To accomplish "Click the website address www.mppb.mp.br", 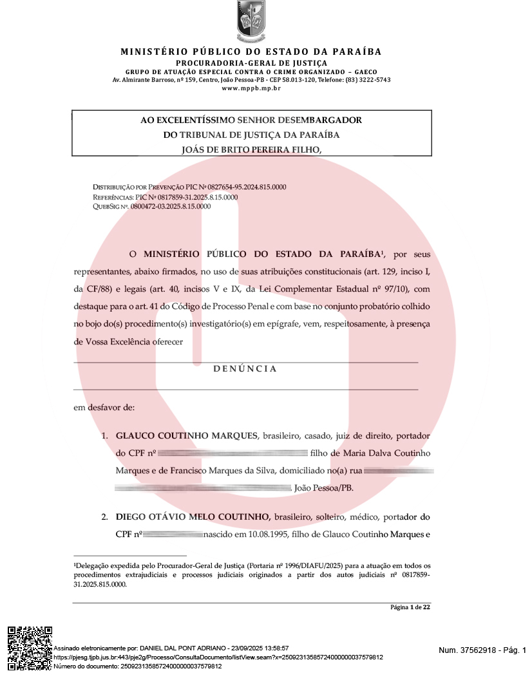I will pyautogui.click(x=251, y=88).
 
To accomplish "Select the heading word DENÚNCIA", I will pyautogui.click(x=245, y=369).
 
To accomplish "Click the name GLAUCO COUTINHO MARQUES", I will pyautogui.click(x=186, y=436).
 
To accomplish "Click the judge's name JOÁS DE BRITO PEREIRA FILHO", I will pyautogui.click(x=251, y=149).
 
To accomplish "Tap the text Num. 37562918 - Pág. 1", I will pyautogui.click(x=482, y=650).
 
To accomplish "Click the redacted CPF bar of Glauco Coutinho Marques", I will pyautogui.click(x=233, y=453).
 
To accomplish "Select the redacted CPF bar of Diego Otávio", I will pyautogui.click(x=173, y=534).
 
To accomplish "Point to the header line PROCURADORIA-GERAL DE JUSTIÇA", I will pyautogui.click(x=251, y=62).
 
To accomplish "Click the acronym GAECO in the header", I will pyautogui.click(x=365, y=71).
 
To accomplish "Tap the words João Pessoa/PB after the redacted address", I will pyautogui.click(x=323, y=488).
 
